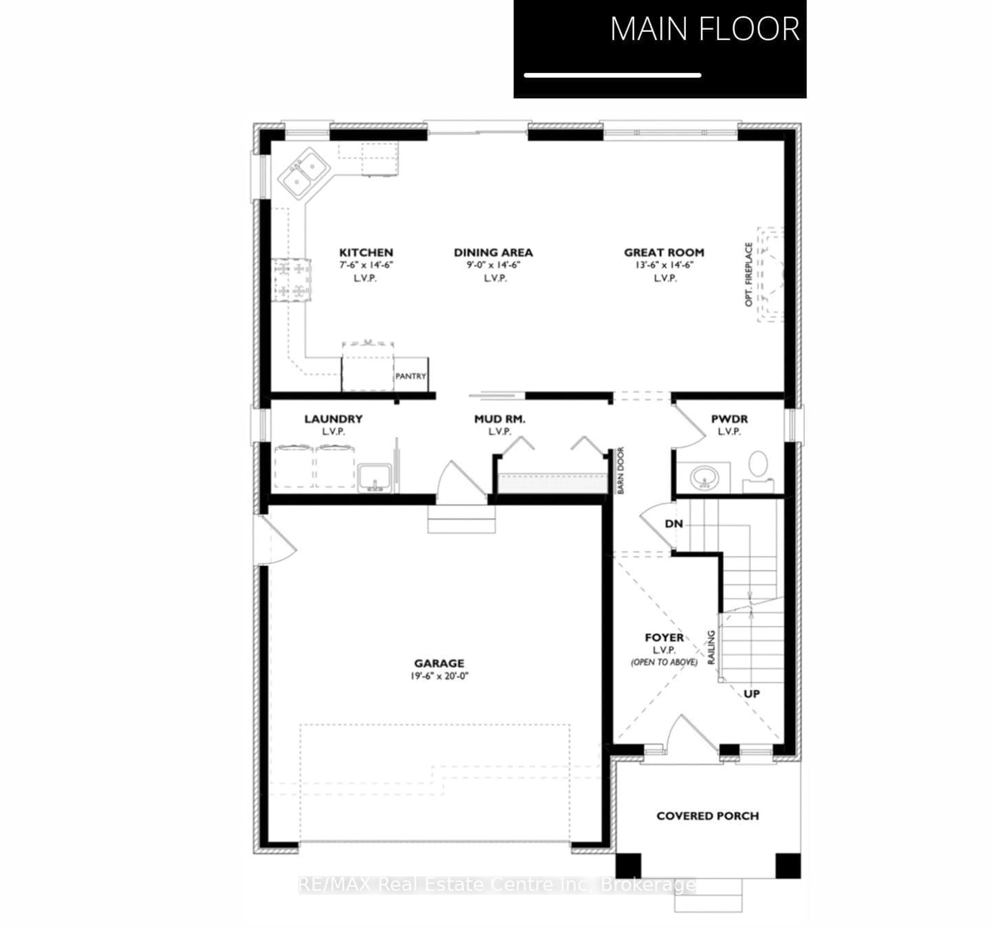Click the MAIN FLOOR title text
click(x=704, y=29)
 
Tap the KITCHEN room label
click(x=366, y=252)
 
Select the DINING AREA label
click(x=493, y=252)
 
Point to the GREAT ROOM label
click(x=664, y=252)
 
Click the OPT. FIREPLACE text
click(x=748, y=274)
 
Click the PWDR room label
click(x=729, y=419)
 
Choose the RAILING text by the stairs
click(x=711, y=647)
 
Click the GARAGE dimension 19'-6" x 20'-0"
click(x=440, y=676)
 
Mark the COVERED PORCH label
click(x=707, y=816)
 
